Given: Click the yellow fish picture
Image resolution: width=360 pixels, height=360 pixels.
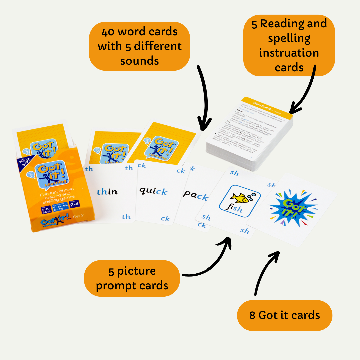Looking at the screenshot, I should tap(240, 198).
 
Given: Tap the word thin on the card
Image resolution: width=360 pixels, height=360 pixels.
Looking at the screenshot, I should tap(107, 192).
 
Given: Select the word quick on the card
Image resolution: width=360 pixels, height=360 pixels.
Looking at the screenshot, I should tap(153, 191).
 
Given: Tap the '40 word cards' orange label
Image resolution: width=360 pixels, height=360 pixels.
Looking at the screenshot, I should tap(140, 46).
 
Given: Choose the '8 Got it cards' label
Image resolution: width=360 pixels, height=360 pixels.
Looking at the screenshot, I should tap(284, 315).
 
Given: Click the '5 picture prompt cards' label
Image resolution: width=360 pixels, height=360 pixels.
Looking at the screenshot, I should tap(132, 278).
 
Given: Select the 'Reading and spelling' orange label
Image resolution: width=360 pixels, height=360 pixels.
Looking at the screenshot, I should tap(289, 45).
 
